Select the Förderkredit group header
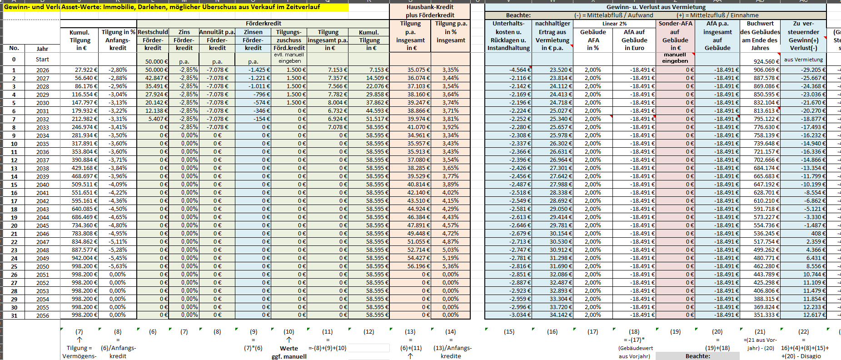click(x=263, y=24)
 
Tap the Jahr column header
click(x=42, y=49)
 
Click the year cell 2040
click(x=43, y=185)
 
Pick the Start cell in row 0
click(x=42, y=60)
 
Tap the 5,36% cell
click(x=450, y=266)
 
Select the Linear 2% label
click(x=614, y=24)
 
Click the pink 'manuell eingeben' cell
click(x=675, y=58)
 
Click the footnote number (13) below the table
click(x=410, y=332)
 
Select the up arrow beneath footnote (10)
click(x=289, y=340)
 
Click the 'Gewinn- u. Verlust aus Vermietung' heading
click(x=656, y=7)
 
